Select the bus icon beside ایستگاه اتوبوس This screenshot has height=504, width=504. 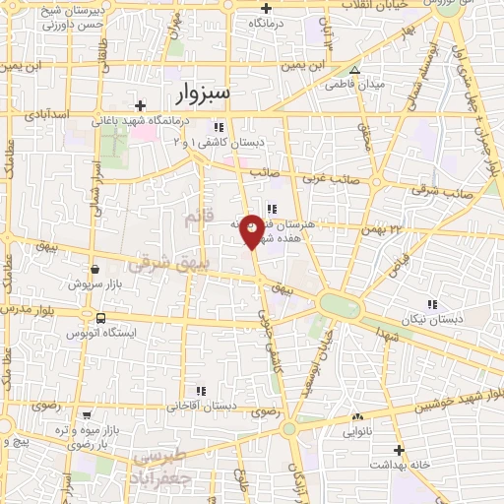pyautogui.click(x=101, y=318)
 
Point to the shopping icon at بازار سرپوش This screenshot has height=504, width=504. pyautogui.click(x=94, y=269)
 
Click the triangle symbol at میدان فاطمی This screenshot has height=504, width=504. pyautogui.click(x=355, y=70)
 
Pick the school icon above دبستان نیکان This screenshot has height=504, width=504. pyautogui.click(x=431, y=304)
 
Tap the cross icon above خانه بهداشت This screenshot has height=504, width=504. pyautogui.click(x=399, y=449)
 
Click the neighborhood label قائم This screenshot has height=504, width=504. pyautogui.click(x=197, y=223)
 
